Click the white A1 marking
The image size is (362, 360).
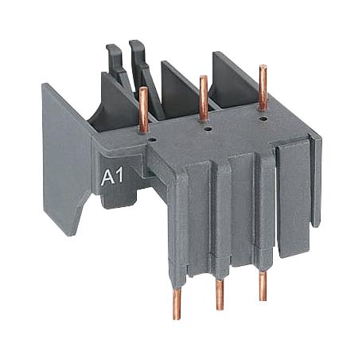112,177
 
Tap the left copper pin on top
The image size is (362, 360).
144,108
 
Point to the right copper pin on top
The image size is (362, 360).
262,84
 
